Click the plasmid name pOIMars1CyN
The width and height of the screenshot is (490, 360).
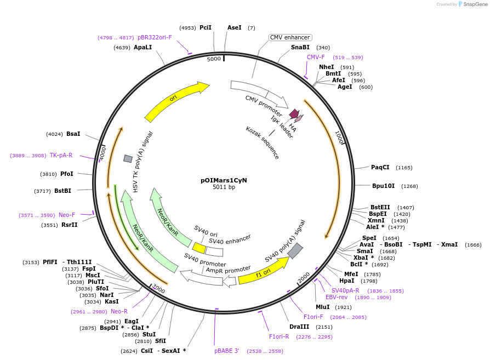pos(224,180)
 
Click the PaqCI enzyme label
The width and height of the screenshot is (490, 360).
pos(380,167)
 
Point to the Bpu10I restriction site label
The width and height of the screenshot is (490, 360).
pos(384,186)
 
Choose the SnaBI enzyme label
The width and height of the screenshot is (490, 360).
pos(300,47)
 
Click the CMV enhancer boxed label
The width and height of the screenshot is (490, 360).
pos(290,37)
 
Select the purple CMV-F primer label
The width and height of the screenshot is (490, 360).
pos(316,57)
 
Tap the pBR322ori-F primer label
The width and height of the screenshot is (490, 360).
pos(155,37)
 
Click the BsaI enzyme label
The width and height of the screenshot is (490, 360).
pos(73,134)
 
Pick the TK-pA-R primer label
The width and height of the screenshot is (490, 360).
pos(61,155)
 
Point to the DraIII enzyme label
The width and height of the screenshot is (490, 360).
pos(299,327)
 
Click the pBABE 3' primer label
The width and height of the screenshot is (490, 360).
pos(226,351)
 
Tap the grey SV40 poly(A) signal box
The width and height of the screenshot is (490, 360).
pos(295,250)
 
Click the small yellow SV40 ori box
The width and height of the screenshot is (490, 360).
pos(199,248)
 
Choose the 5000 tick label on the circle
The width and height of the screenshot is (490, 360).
pos(214,59)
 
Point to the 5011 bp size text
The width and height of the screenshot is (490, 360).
pos(224,187)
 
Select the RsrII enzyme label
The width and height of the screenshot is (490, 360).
pos(70,225)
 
